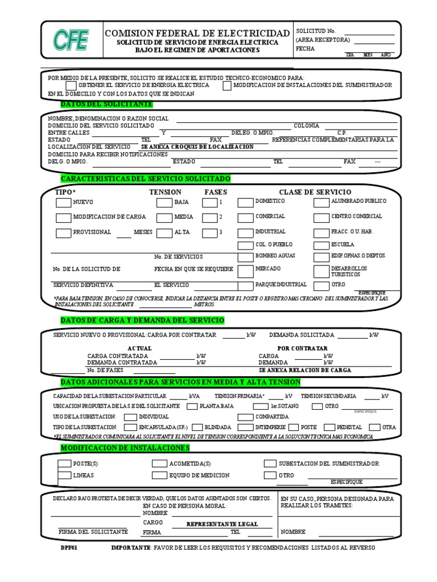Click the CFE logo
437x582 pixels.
tap(71, 40)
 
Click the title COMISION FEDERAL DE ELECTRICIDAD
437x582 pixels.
tap(197, 33)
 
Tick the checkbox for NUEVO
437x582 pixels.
tap(64, 202)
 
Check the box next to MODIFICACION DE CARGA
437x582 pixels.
tap(64, 217)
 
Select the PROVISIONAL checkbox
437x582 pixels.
tap(64, 232)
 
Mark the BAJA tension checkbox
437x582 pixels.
tap(164, 202)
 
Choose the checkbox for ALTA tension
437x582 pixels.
tap(164, 232)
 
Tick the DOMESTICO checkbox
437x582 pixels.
tap(245, 202)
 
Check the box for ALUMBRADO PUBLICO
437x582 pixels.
tap(321, 202)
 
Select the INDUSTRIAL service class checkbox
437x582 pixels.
tap(245, 232)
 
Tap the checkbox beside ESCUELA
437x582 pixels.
tap(321, 245)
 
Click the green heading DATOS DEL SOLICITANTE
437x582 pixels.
tap(106, 104)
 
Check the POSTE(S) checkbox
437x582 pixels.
tap(64, 464)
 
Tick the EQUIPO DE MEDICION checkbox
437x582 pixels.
tap(159, 475)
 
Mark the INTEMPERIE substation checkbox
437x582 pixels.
tap(245, 427)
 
